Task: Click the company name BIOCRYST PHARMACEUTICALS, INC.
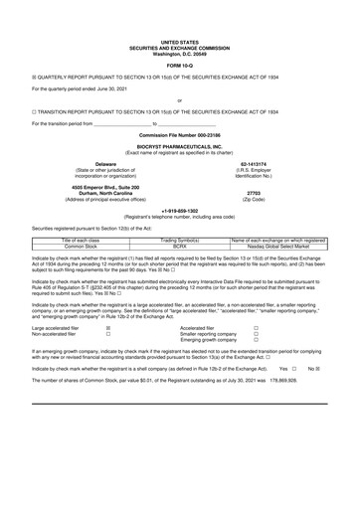point(180,144)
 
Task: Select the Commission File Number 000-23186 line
point(180,134)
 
